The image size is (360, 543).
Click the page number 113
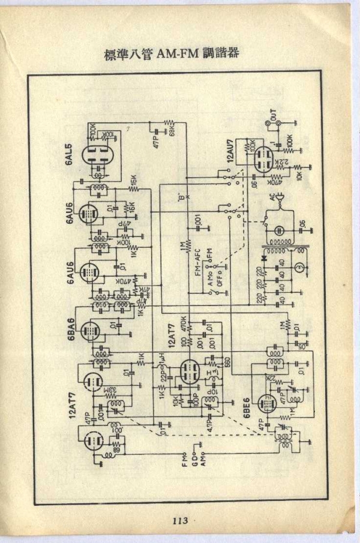[180, 521]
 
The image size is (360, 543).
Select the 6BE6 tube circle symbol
[268, 403]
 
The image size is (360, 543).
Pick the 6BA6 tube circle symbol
[91, 329]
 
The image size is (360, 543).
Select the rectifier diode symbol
[264, 257]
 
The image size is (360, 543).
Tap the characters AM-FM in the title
[180, 53]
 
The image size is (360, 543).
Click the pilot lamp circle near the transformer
[298, 266]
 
